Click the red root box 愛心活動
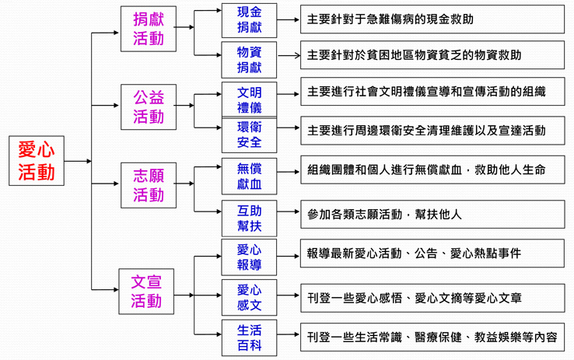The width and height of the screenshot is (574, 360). pos(37,161)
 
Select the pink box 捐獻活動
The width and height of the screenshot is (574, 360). pos(149,30)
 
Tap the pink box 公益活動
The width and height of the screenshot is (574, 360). pos(149,107)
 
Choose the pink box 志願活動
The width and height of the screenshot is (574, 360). pos(149,185)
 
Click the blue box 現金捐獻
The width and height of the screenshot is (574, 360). pos(249,19)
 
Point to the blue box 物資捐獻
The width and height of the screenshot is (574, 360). pos(249,60)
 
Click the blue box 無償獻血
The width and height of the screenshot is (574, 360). pos(249,177)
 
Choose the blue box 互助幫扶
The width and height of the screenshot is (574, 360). pos(249,218)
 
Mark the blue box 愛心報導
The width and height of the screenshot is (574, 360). pos(249,257)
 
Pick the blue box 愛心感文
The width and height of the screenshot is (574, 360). pos(249,298)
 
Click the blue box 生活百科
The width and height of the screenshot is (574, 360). pos(249,337)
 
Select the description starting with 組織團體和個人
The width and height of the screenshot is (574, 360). pos(432,170)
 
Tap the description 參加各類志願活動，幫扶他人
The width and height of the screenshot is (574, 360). pos(432,214)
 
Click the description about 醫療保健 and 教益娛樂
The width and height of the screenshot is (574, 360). pos(432,337)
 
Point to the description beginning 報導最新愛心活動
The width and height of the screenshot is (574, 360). pos(432,253)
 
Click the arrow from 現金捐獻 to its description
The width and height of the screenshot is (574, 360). pos(289,19)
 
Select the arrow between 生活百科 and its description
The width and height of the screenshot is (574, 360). pos(289,337)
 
